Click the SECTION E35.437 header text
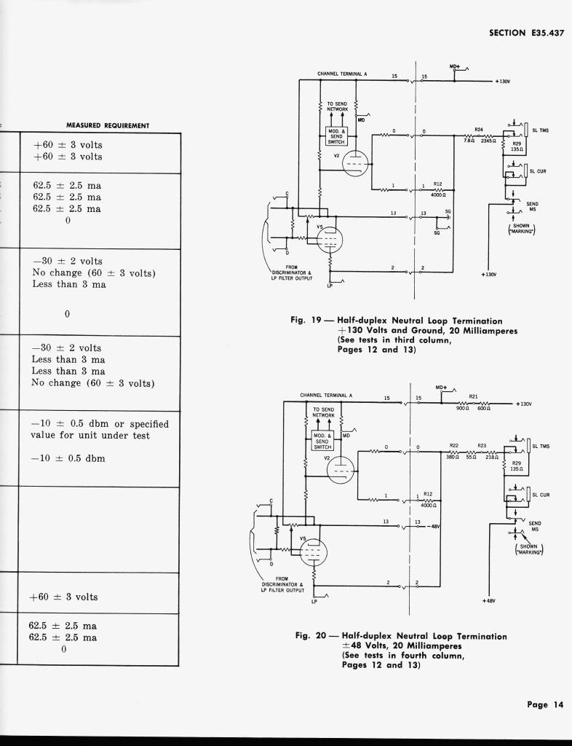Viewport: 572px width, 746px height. point(525,33)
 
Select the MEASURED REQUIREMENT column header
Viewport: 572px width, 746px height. point(108,125)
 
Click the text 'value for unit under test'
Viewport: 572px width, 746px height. point(90,435)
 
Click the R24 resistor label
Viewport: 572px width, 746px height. point(479,129)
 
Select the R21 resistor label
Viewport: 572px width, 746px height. point(473,396)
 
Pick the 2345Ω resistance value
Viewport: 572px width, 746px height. point(488,141)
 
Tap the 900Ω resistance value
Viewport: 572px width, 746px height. point(461,409)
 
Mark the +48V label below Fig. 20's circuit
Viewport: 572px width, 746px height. point(489,601)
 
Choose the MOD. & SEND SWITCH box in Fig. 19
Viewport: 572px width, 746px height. point(336,136)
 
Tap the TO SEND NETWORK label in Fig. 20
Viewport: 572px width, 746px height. point(322,413)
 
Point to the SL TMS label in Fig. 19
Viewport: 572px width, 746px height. point(541,130)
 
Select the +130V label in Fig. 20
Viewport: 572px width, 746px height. point(523,404)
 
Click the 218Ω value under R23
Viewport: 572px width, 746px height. point(492,457)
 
